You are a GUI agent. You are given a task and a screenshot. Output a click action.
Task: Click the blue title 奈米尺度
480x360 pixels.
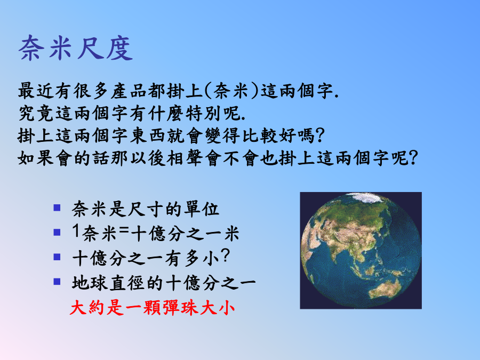tap(76, 48)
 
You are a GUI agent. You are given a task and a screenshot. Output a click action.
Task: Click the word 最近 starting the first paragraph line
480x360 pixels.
tap(36, 91)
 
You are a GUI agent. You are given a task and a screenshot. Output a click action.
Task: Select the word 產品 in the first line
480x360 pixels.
tap(129, 91)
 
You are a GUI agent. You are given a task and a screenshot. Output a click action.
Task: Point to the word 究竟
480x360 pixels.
tap(36, 113)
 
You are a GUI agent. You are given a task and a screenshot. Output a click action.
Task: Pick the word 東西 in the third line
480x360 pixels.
tap(148, 135)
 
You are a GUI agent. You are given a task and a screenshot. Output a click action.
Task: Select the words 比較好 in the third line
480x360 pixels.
tap(270, 135)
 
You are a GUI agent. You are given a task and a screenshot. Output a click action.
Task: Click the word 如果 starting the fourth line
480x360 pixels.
tap(36, 158)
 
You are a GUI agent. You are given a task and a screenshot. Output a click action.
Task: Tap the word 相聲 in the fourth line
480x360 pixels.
tap(185, 158)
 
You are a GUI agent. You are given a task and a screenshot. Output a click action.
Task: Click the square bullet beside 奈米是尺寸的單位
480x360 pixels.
tap(57, 208)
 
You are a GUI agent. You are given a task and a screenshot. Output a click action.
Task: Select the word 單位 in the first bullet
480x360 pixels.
tap(202, 209)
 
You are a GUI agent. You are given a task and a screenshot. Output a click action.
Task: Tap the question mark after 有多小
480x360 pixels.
tap(225, 255)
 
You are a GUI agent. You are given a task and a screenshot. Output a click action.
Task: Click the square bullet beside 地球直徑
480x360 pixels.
tap(57, 281)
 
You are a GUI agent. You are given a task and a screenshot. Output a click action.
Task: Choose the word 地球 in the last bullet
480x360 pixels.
tap(90, 283)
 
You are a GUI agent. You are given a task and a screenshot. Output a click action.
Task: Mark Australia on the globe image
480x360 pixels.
tap(386, 289)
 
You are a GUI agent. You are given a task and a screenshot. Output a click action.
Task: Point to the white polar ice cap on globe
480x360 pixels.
tap(366, 198)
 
